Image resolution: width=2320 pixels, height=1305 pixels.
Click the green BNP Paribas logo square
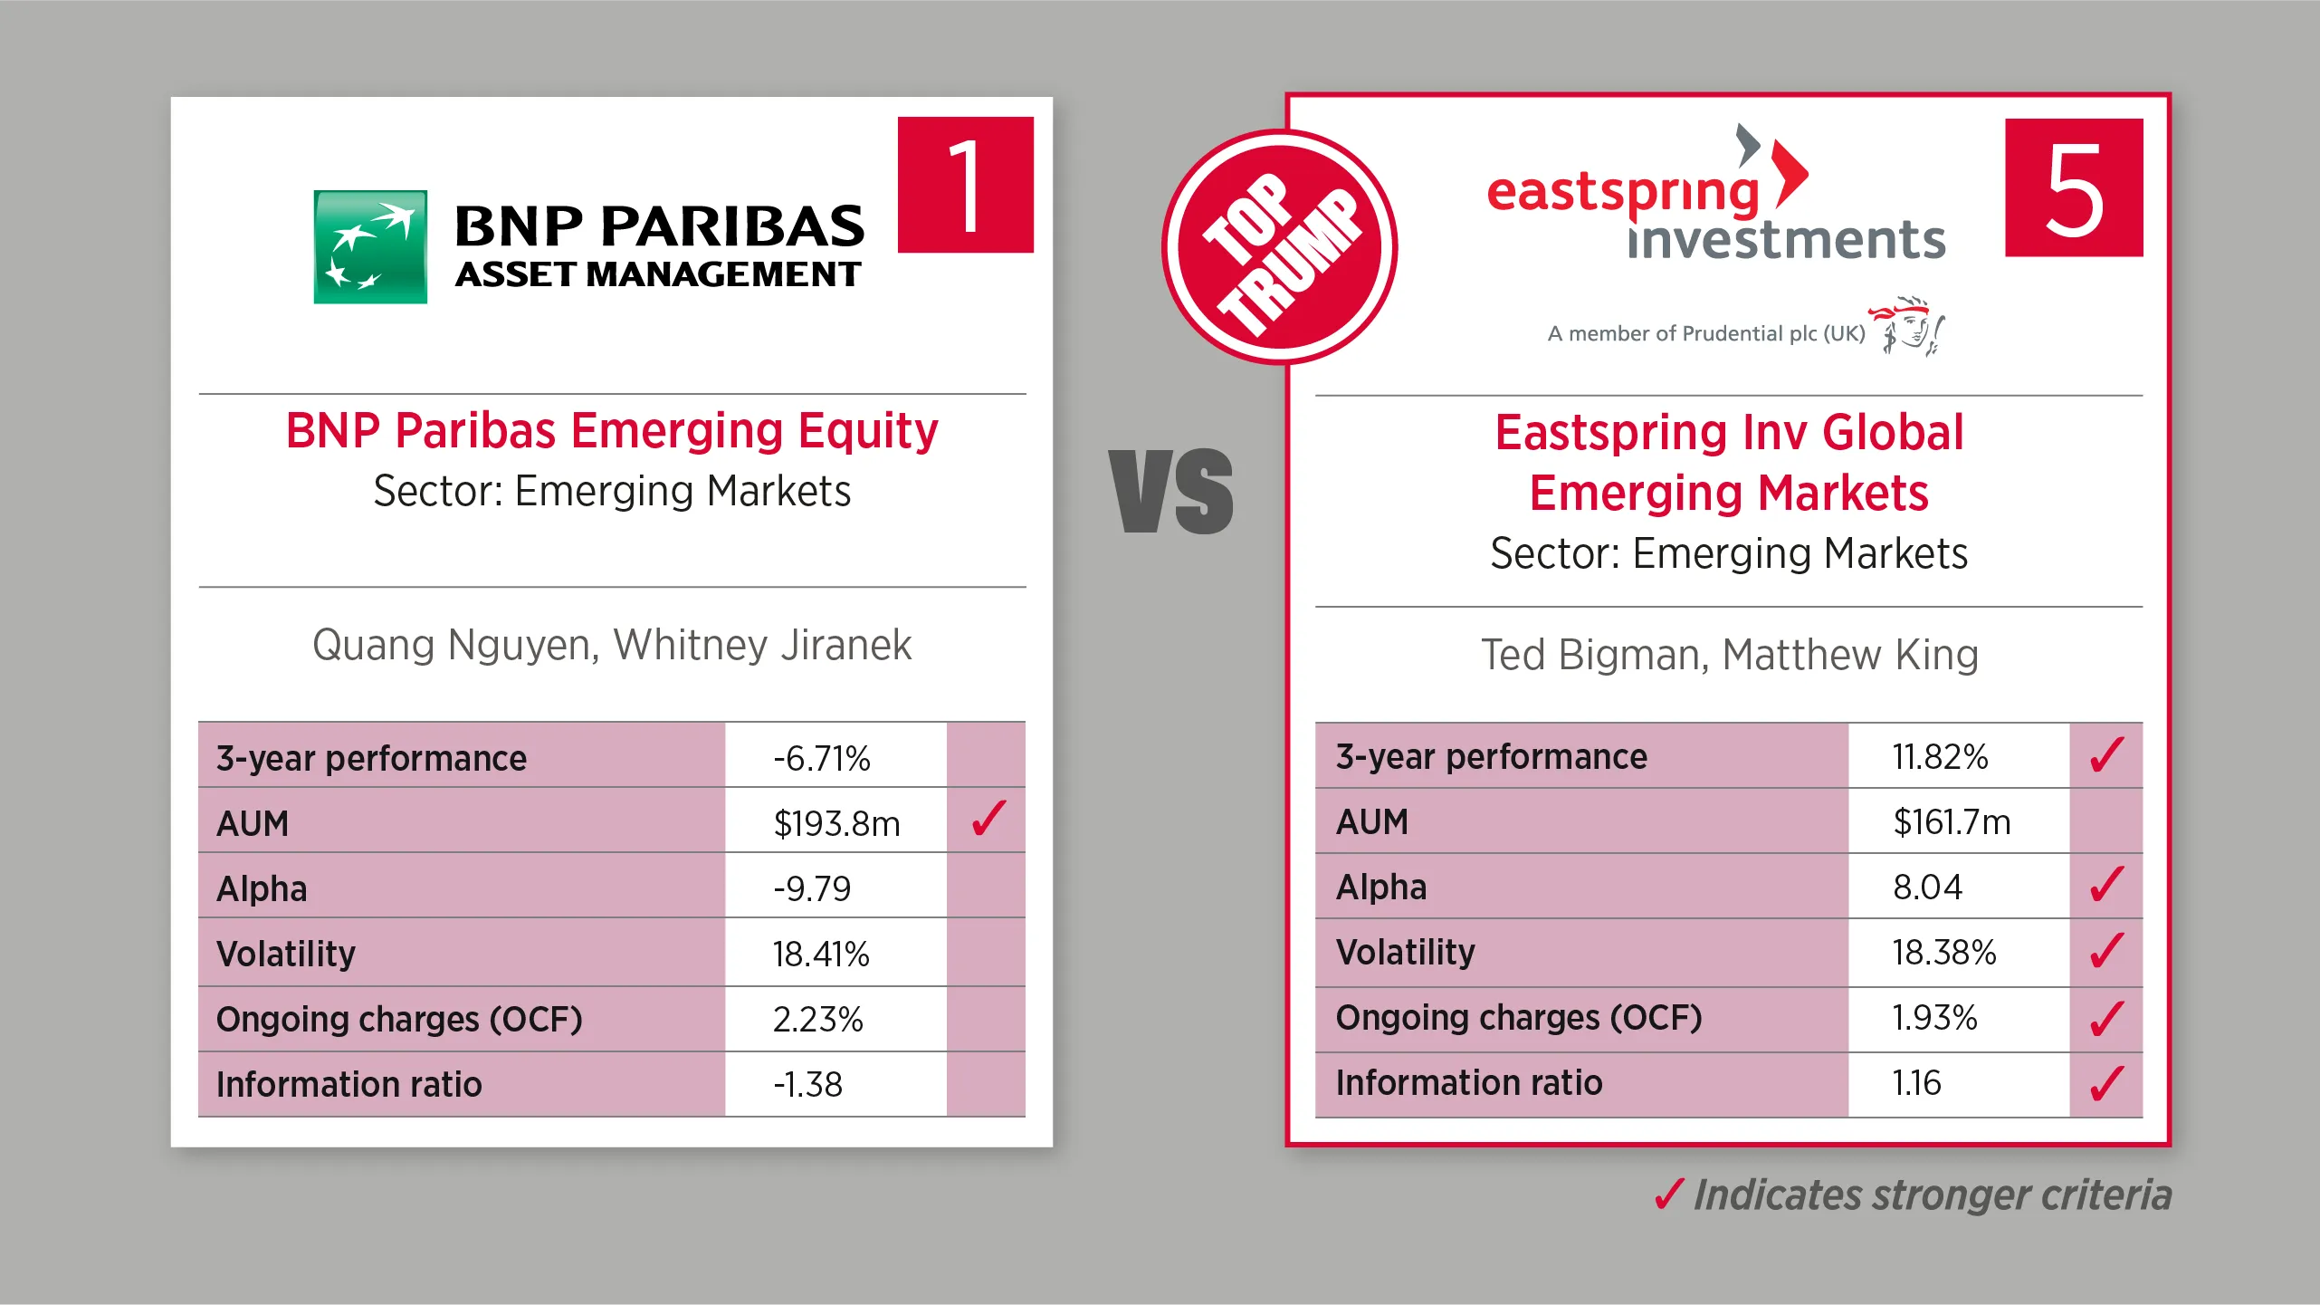pos(370,246)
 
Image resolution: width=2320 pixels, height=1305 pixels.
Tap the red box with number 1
pos(965,185)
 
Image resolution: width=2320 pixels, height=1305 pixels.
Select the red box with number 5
pos(2074,187)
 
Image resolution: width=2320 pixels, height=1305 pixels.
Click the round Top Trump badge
pos(1280,247)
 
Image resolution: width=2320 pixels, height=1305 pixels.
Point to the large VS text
pos(1171,490)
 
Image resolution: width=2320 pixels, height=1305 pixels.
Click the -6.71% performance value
pos(821,758)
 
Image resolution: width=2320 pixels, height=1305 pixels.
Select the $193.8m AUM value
pos(836,823)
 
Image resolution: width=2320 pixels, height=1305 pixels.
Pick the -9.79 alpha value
pos(812,888)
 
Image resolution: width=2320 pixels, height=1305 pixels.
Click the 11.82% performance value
pos(1940,756)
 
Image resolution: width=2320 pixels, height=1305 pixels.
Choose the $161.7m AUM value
pos(1952,821)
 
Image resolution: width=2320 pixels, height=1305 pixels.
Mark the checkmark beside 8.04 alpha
pos(2107,884)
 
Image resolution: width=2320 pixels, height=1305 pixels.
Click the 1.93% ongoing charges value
pos(1934,1017)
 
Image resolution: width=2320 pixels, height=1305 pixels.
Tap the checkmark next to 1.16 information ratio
pos(2107,1082)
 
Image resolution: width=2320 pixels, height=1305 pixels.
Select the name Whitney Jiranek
pos(762,645)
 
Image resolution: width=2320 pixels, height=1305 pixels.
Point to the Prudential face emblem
pos(1907,325)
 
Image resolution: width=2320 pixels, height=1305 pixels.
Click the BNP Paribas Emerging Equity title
pos(612,430)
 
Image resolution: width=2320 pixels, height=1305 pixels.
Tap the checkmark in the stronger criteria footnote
pos(1669,1195)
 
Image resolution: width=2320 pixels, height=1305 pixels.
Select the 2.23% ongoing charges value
pos(817,1019)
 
